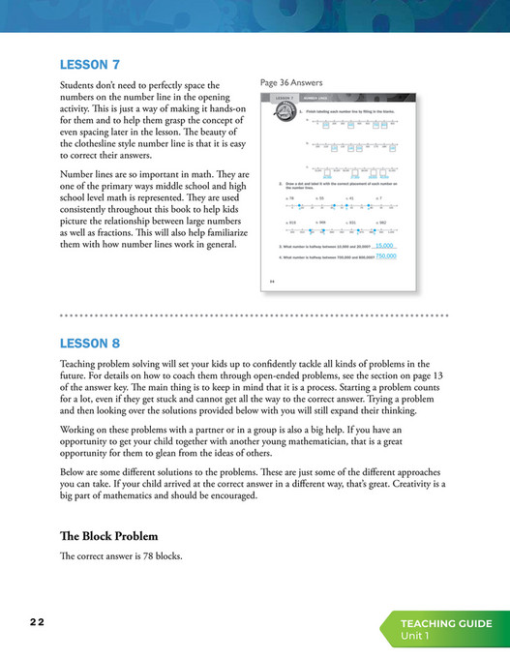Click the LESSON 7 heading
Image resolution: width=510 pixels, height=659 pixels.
(89, 65)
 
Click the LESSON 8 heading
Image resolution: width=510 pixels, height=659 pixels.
(89, 343)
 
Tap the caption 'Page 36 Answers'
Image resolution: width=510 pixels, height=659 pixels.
(291, 82)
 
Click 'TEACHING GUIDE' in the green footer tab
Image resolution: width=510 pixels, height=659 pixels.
(447, 623)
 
